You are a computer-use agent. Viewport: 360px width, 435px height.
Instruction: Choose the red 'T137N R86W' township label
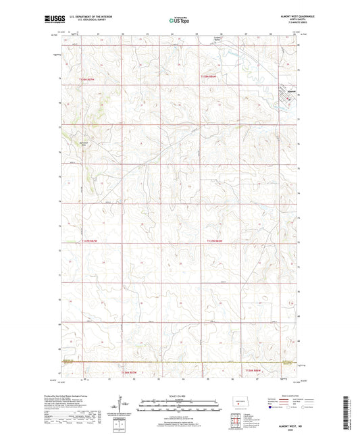pos(213,240)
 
